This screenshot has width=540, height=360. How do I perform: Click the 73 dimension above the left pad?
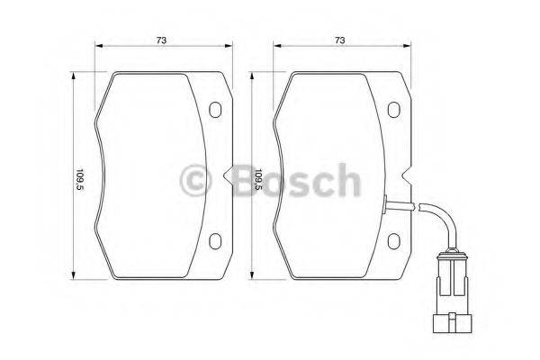[161, 40]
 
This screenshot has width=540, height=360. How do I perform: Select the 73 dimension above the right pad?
[339, 40]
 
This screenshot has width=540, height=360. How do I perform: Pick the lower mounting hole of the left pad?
[215, 241]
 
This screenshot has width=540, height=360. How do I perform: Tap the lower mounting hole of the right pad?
[393, 241]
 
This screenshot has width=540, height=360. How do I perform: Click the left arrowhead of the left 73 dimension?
[100, 49]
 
